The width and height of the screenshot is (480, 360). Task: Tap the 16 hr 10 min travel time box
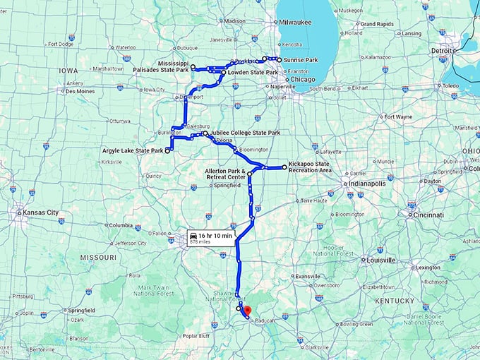[210, 237]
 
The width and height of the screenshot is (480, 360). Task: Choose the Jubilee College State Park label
[245, 133]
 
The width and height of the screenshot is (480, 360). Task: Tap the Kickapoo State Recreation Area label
[310, 167]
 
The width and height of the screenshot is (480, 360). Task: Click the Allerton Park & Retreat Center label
[224, 174]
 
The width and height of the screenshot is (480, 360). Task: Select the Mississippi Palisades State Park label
[162, 67]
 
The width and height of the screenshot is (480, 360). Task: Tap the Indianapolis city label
[368, 184]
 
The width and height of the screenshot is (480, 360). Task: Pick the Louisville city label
[381, 260]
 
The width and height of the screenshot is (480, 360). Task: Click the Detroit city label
[441, 51]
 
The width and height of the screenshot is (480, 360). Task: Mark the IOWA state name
[68, 71]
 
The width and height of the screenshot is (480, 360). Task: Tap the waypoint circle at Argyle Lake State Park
[167, 150]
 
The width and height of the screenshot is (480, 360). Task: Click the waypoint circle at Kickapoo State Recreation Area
[284, 167]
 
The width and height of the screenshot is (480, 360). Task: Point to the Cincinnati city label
[429, 215]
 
